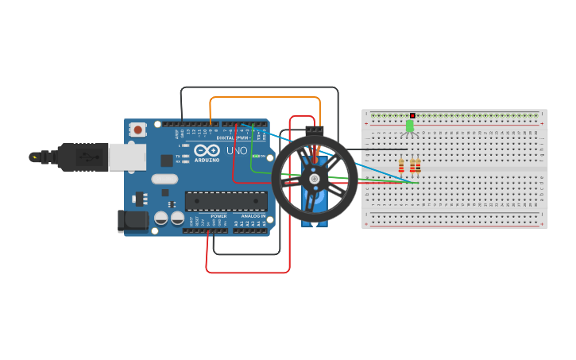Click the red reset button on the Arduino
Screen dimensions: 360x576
tap(138, 129)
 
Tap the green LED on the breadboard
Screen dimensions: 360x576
tap(410, 126)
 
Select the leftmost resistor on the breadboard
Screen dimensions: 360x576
tap(401, 165)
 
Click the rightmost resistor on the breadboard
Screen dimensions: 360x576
tap(418, 165)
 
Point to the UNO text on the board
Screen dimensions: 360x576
tap(237, 150)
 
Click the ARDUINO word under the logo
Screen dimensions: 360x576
tap(207, 159)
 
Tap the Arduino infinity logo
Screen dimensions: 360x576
tap(207, 149)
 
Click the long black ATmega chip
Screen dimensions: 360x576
tap(225, 201)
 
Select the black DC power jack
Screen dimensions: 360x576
tap(132, 221)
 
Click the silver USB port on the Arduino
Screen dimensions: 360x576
tap(127, 157)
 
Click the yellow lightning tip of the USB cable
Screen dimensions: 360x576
tap(33, 157)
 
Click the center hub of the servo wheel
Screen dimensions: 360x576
tap(315, 179)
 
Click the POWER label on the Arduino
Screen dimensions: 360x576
tap(218, 216)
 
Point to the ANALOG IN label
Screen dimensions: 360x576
tap(253, 216)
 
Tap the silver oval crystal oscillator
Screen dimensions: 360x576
tap(164, 179)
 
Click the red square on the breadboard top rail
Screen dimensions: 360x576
tap(412, 115)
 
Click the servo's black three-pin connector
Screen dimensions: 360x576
tap(315, 129)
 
